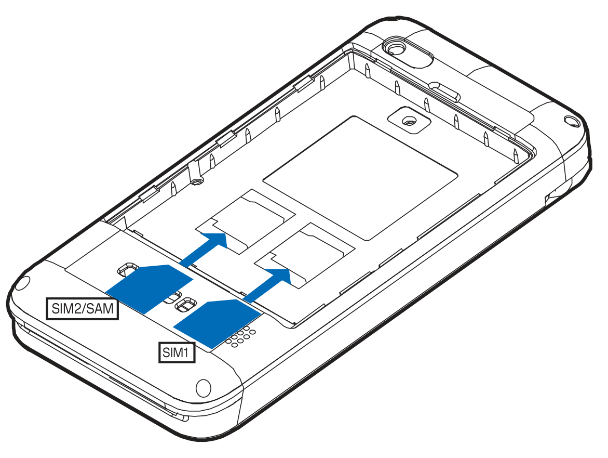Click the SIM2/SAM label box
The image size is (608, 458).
point(82,309)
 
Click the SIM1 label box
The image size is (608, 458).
point(177,352)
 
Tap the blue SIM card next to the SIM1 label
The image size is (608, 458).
point(217,323)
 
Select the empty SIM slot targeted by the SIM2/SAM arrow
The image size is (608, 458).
point(246,221)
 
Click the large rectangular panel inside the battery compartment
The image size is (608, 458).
point(361,177)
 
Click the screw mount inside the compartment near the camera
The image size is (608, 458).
point(409,121)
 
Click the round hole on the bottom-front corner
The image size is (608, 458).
point(203,387)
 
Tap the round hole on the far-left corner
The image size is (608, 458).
point(22,283)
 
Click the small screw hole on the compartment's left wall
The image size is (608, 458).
point(198,181)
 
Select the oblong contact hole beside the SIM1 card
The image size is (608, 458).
point(185,304)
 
